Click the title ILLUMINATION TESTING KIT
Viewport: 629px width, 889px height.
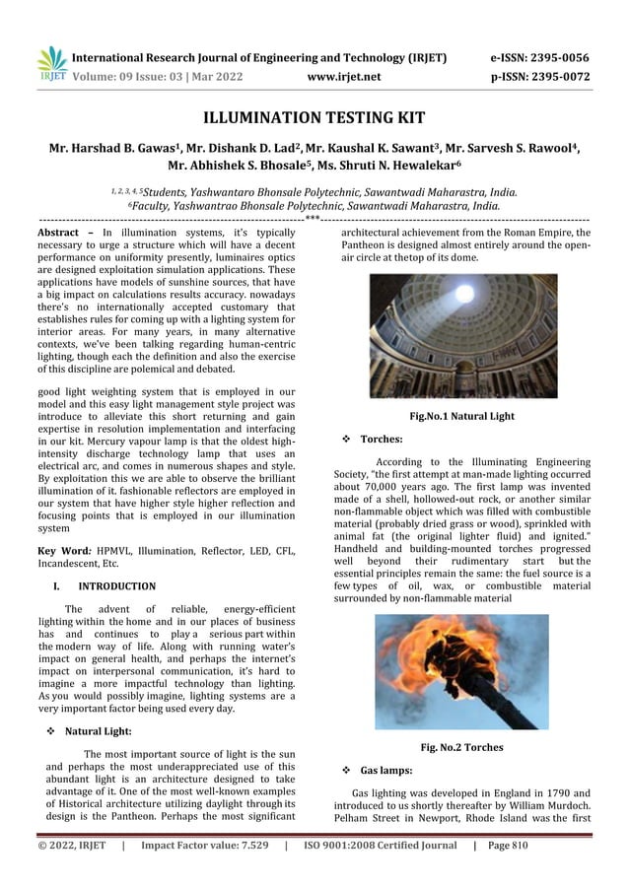pos(314,118)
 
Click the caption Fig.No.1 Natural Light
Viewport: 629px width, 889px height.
pos(461,416)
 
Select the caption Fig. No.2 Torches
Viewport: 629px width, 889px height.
pos(461,747)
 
